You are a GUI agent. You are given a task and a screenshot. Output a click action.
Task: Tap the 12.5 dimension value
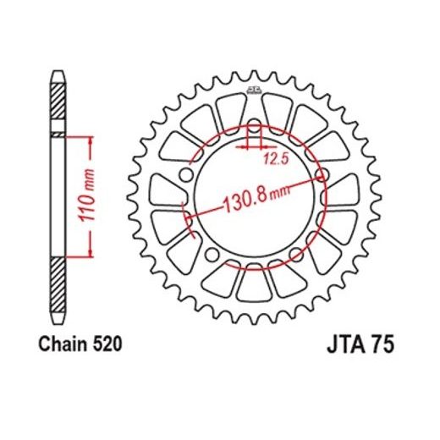pos(277,160)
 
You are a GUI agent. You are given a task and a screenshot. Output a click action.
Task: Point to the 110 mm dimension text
pos(86,195)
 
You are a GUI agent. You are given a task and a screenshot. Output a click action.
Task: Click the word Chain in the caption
pos(63,344)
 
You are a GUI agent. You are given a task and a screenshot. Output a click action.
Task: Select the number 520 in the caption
pos(107,344)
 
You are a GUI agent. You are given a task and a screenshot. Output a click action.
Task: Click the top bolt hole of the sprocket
pos(255,126)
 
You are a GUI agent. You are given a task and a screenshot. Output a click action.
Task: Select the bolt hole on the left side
pos(186,175)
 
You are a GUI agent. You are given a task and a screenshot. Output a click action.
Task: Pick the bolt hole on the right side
pos(322,175)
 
